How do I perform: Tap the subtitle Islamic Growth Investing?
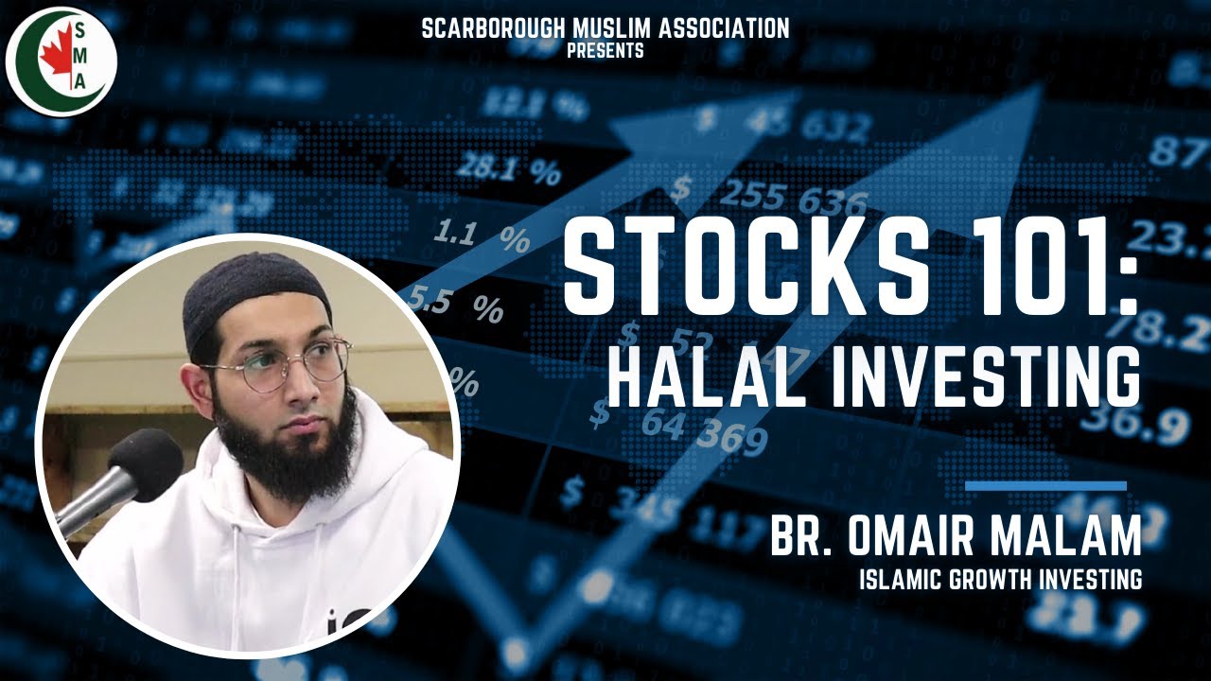tap(1000, 579)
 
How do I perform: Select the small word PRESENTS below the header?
tap(605, 51)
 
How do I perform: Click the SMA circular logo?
tap(62, 59)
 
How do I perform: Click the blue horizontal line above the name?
tap(1045, 486)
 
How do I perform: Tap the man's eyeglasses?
tap(284, 364)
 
